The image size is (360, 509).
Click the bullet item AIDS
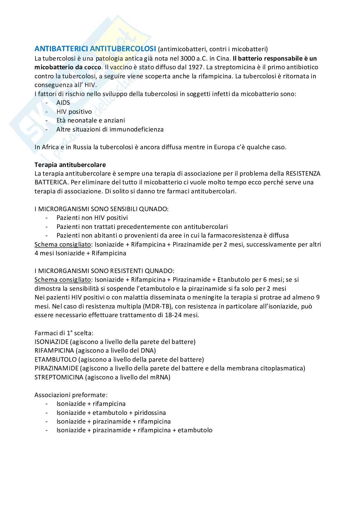[x=63, y=103]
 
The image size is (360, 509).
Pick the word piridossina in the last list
[x=150, y=413]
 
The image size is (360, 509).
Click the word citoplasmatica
[x=283, y=368]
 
